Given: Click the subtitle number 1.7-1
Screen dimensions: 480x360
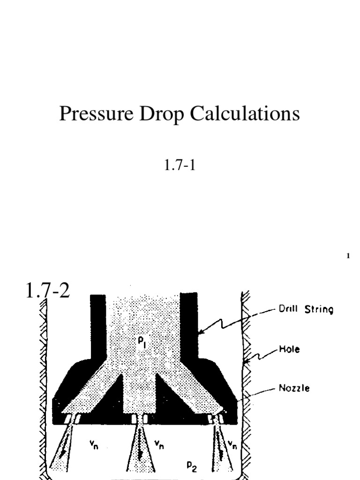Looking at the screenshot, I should pyautogui.click(x=180, y=165).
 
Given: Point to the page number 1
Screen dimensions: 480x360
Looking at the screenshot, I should pyautogui.click(x=348, y=256).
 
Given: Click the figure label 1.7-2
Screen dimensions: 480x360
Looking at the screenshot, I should pyautogui.click(x=47, y=292).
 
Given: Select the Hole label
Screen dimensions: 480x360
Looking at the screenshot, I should pyautogui.click(x=290, y=349).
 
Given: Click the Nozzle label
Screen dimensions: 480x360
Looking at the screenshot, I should pyautogui.click(x=294, y=388).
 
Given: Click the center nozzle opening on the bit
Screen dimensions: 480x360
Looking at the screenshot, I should pyautogui.click(x=139, y=418).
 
